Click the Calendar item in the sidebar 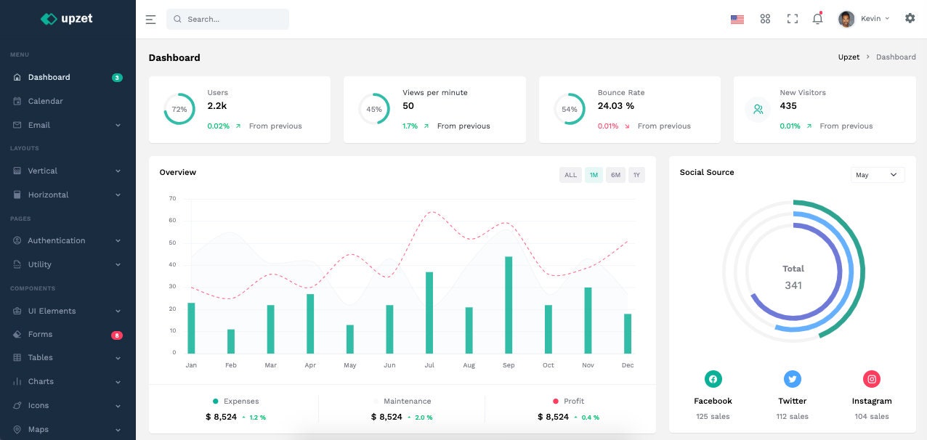point(45,101)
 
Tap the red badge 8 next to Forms point(117,335)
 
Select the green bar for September point(509,305)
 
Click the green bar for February point(231,341)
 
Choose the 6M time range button point(615,175)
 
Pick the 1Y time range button point(636,175)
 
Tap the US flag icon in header point(737,20)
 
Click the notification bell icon point(817,19)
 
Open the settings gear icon point(910,18)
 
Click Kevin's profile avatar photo point(846,19)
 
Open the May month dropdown point(877,175)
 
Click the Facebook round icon point(713,379)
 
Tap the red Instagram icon point(872,379)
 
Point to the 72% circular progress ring point(179,109)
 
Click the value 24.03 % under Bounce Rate point(616,106)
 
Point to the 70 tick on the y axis point(172,198)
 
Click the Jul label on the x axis point(429,365)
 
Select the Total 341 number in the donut point(793,285)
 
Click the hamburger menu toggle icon point(150,20)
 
